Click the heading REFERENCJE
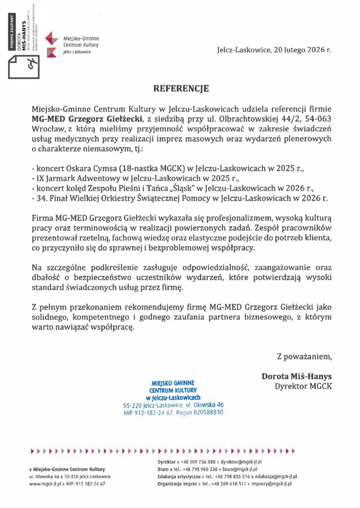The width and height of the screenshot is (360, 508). pos(181,89)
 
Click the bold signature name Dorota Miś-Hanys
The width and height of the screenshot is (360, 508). pos(296,376)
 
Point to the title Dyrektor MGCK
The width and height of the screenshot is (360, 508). pos(303,386)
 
